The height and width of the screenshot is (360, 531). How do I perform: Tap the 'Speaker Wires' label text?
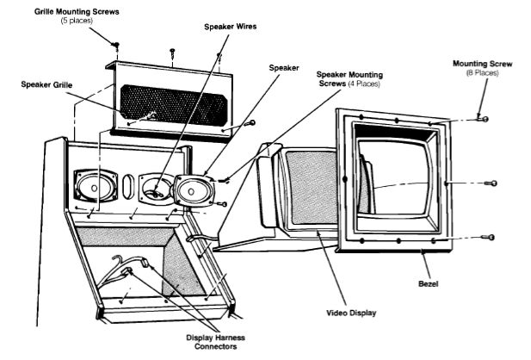tap(231, 27)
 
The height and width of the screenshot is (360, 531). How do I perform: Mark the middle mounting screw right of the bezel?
tap(493, 183)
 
